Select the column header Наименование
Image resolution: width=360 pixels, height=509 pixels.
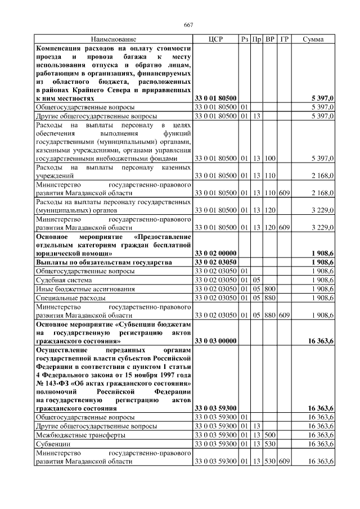[x=114, y=39]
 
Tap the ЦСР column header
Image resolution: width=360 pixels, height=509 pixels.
[x=215, y=39]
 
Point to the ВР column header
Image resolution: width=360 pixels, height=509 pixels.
[x=271, y=39]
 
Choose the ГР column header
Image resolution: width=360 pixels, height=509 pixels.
[x=285, y=39]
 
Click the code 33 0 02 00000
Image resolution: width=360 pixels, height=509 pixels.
[x=215, y=253]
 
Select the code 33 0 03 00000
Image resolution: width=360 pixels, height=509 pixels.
[x=215, y=341]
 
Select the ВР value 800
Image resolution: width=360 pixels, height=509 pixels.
[x=271, y=289]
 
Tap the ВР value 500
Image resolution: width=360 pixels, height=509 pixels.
[x=271, y=435]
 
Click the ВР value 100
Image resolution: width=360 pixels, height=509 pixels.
[x=271, y=159]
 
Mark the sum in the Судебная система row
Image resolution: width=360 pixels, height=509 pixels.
[x=323, y=280]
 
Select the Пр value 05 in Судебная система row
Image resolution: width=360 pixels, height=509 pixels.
[x=256, y=280]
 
